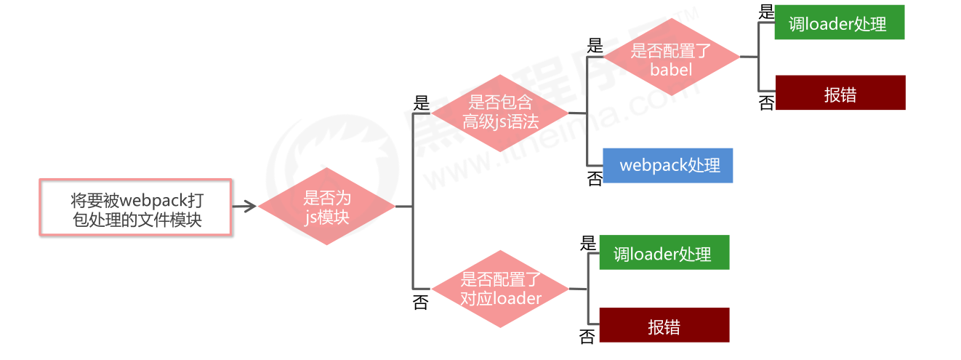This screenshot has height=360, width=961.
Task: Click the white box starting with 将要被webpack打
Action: click(x=136, y=207)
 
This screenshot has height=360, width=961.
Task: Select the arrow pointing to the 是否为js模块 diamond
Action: click(x=245, y=207)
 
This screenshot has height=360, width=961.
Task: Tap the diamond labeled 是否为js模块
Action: click(x=327, y=207)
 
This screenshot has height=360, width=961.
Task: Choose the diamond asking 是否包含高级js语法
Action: click(x=499, y=113)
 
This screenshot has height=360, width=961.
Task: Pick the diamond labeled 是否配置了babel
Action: click(x=671, y=57)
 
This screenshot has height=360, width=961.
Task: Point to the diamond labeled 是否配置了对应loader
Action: click(x=500, y=289)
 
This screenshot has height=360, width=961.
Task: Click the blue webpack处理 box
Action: click(x=668, y=165)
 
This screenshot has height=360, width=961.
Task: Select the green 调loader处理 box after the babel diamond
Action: click(x=839, y=23)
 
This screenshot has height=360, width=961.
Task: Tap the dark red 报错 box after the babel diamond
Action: click(x=840, y=93)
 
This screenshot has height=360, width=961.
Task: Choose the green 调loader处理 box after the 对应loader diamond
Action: click(x=664, y=252)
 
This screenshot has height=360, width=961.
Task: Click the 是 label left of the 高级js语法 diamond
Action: click(x=421, y=103)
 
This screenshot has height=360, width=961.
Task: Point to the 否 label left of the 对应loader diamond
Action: click(x=421, y=303)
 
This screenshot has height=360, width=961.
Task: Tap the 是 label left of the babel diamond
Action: click(x=595, y=47)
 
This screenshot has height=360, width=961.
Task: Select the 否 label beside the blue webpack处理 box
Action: click(x=595, y=178)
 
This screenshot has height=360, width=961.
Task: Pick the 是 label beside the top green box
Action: click(x=766, y=12)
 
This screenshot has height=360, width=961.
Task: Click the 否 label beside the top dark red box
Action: click(x=766, y=103)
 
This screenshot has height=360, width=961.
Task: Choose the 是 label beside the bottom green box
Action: click(x=588, y=244)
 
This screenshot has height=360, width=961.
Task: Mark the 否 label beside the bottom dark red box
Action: click(x=587, y=336)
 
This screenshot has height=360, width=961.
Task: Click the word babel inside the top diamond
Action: click(x=671, y=70)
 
